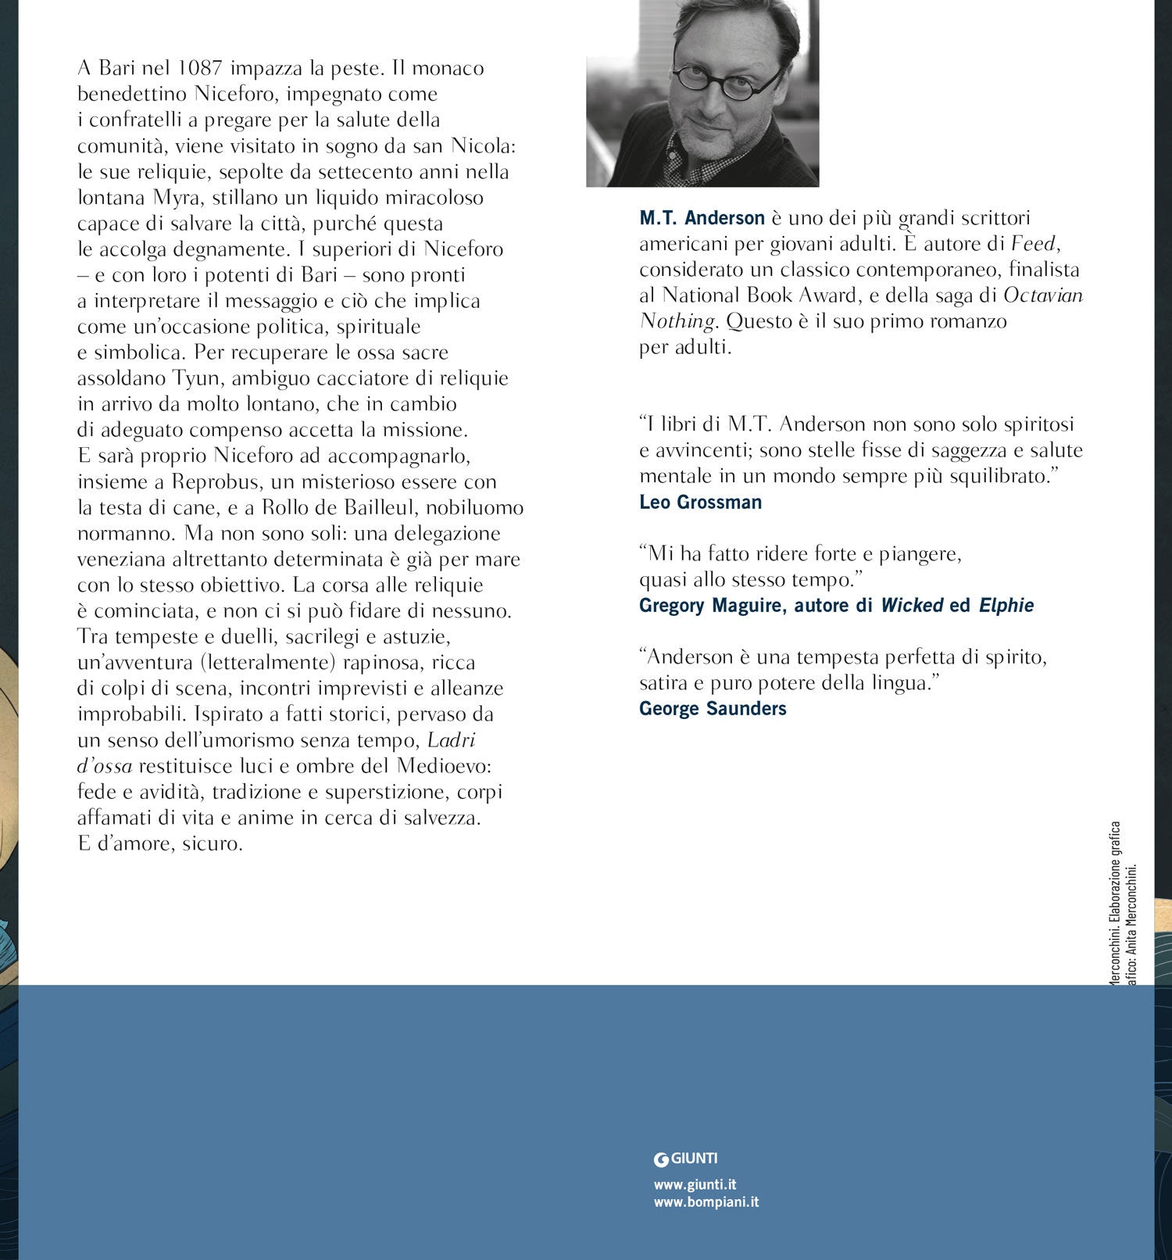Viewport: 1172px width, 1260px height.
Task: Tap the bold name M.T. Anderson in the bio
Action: [702, 218]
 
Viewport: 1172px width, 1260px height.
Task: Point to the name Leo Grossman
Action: [700, 503]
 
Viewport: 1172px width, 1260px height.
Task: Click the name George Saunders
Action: [713, 709]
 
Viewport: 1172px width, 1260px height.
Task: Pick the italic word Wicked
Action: [912, 606]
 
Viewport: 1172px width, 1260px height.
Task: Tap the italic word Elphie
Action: [1006, 606]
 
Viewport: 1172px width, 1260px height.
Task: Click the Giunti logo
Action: [685, 1158]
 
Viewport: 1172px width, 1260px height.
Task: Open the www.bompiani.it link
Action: [706, 1202]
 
